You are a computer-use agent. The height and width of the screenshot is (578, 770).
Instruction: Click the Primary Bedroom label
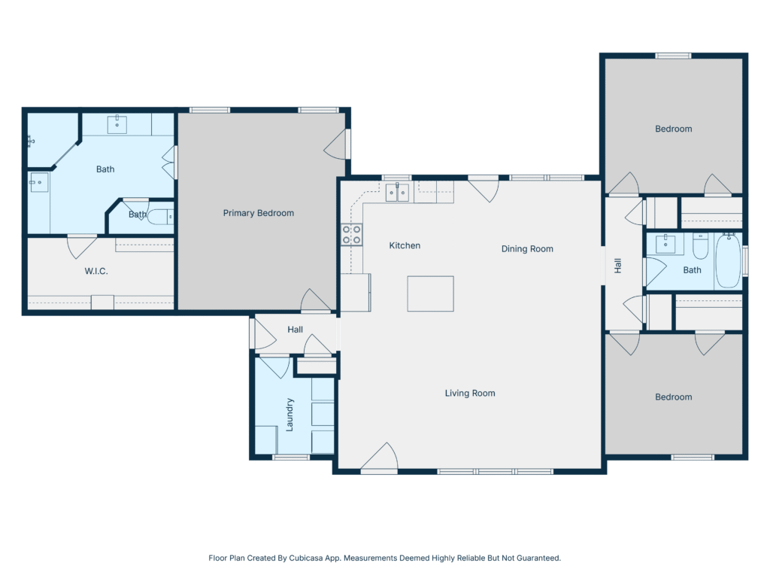tap(259, 213)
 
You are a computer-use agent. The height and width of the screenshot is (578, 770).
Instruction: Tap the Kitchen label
tap(405, 245)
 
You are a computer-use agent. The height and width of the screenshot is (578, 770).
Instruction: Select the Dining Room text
tap(527, 248)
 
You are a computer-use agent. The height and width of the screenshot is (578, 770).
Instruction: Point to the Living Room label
tap(470, 393)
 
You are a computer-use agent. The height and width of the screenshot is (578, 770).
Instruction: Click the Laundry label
tap(290, 415)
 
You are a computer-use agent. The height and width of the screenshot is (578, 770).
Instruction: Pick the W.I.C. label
tap(96, 271)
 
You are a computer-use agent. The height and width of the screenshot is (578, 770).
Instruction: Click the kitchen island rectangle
tap(430, 294)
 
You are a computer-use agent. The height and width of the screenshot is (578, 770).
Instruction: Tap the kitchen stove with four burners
tap(352, 235)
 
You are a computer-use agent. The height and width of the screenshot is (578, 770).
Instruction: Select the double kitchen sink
tap(397, 192)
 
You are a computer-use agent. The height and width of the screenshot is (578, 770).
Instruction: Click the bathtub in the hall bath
tap(728, 260)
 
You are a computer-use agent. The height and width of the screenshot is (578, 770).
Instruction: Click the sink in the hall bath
tap(665, 243)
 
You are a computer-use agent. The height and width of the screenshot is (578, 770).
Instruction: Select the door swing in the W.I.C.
tap(81, 247)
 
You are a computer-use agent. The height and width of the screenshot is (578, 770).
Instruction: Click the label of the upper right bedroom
tap(673, 129)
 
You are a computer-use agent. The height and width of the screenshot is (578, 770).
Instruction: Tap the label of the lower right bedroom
tap(673, 397)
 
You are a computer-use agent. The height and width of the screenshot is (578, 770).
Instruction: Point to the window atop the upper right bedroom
tap(674, 56)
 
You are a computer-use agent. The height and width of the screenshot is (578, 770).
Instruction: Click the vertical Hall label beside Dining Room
tap(618, 266)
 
